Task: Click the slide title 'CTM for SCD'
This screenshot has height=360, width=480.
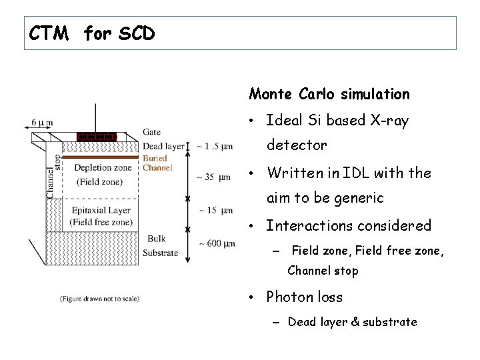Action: point(91,33)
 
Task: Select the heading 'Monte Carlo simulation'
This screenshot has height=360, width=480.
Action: point(329,94)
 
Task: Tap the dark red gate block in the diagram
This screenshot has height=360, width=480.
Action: point(97,137)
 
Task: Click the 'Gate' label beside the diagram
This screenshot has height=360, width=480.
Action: point(151,132)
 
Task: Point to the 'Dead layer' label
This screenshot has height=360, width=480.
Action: point(163,146)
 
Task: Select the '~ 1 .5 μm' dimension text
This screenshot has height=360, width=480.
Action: point(215,146)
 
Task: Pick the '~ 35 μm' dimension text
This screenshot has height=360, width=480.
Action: point(215,177)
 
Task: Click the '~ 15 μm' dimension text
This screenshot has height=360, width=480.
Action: point(215,211)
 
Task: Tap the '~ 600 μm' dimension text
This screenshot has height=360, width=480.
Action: point(216,243)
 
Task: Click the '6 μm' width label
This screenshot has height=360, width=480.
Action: point(42,123)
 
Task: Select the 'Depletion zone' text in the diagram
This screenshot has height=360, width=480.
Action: point(103,168)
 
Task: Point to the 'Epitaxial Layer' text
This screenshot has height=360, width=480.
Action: point(101,211)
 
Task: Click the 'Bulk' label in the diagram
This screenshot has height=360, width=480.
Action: point(157,238)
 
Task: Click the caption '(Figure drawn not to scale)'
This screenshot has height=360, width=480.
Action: point(99,299)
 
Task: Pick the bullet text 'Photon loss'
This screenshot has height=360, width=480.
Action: point(304,297)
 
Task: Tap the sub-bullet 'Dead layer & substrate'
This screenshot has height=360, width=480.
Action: point(352,322)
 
